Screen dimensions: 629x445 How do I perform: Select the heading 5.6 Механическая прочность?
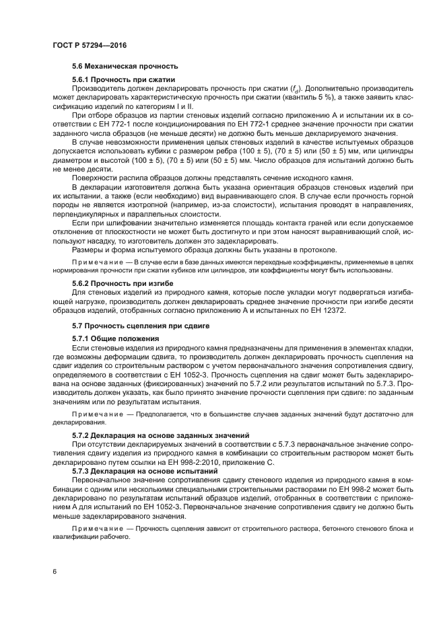[124, 66]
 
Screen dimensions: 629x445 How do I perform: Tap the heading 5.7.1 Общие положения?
[115, 338]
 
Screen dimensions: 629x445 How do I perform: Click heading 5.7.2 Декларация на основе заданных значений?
[161, 436]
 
